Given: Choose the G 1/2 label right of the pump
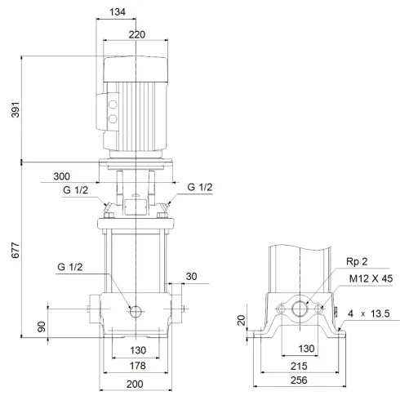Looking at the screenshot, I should pos(200,187).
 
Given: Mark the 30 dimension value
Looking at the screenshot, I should pos(193,276).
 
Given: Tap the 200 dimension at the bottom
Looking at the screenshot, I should pos(135,384).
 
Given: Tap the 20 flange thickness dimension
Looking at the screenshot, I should pos(241,321).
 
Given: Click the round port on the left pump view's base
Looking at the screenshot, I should pos(136,310).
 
